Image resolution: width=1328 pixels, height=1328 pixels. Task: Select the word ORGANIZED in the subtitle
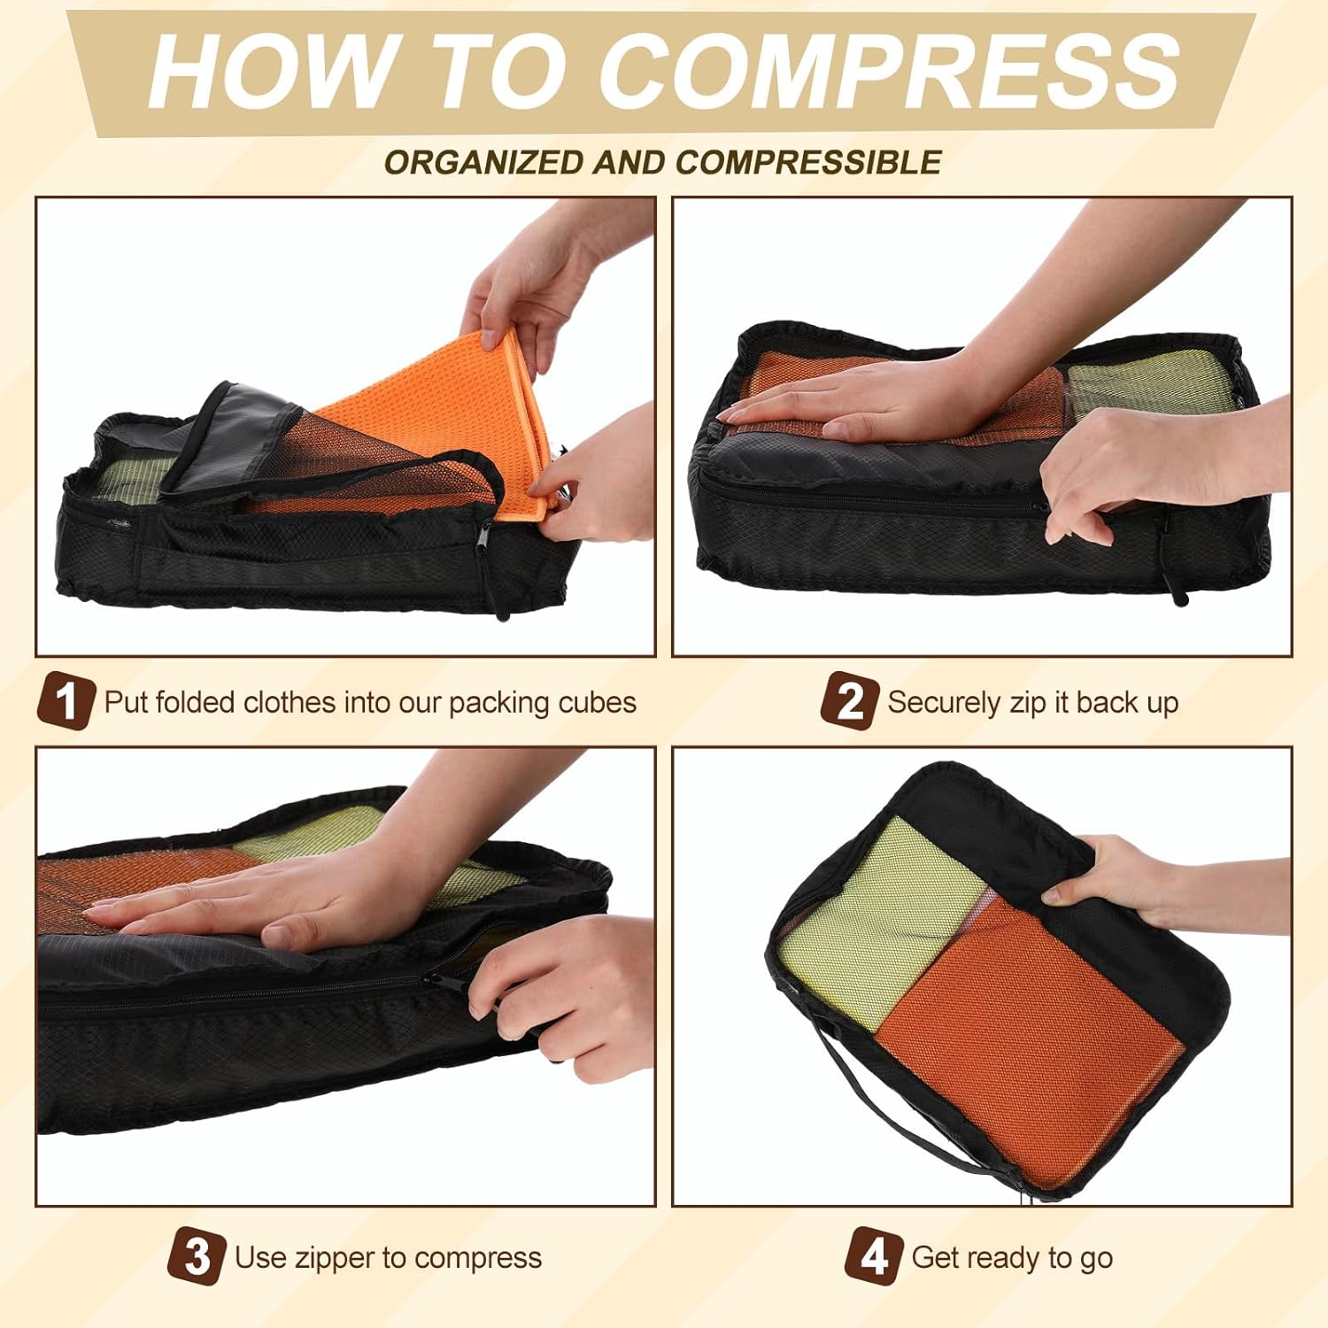click(x=485, y=163)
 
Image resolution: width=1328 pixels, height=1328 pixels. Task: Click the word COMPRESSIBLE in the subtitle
click(x=807, y=163)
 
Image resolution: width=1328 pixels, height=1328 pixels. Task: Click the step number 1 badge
click(x=65, y=701)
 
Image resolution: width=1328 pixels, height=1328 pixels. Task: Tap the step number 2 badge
click(x=848, y=701)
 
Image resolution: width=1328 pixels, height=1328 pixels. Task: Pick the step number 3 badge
click(x=197, y=1256)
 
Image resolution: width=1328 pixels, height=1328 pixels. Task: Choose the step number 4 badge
click(x=873, y=1256)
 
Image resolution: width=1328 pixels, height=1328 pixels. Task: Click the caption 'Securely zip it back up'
click(x=1032, y=703)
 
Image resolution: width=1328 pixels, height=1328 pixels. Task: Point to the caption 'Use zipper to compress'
click(x=388, y=1258)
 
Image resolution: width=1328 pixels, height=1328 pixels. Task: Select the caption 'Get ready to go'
click(x=1012, y=1258)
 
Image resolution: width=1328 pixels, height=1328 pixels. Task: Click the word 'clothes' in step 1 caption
click(x=289, y=703)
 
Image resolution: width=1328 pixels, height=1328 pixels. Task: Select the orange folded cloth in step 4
click(x=1027, y=1045)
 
